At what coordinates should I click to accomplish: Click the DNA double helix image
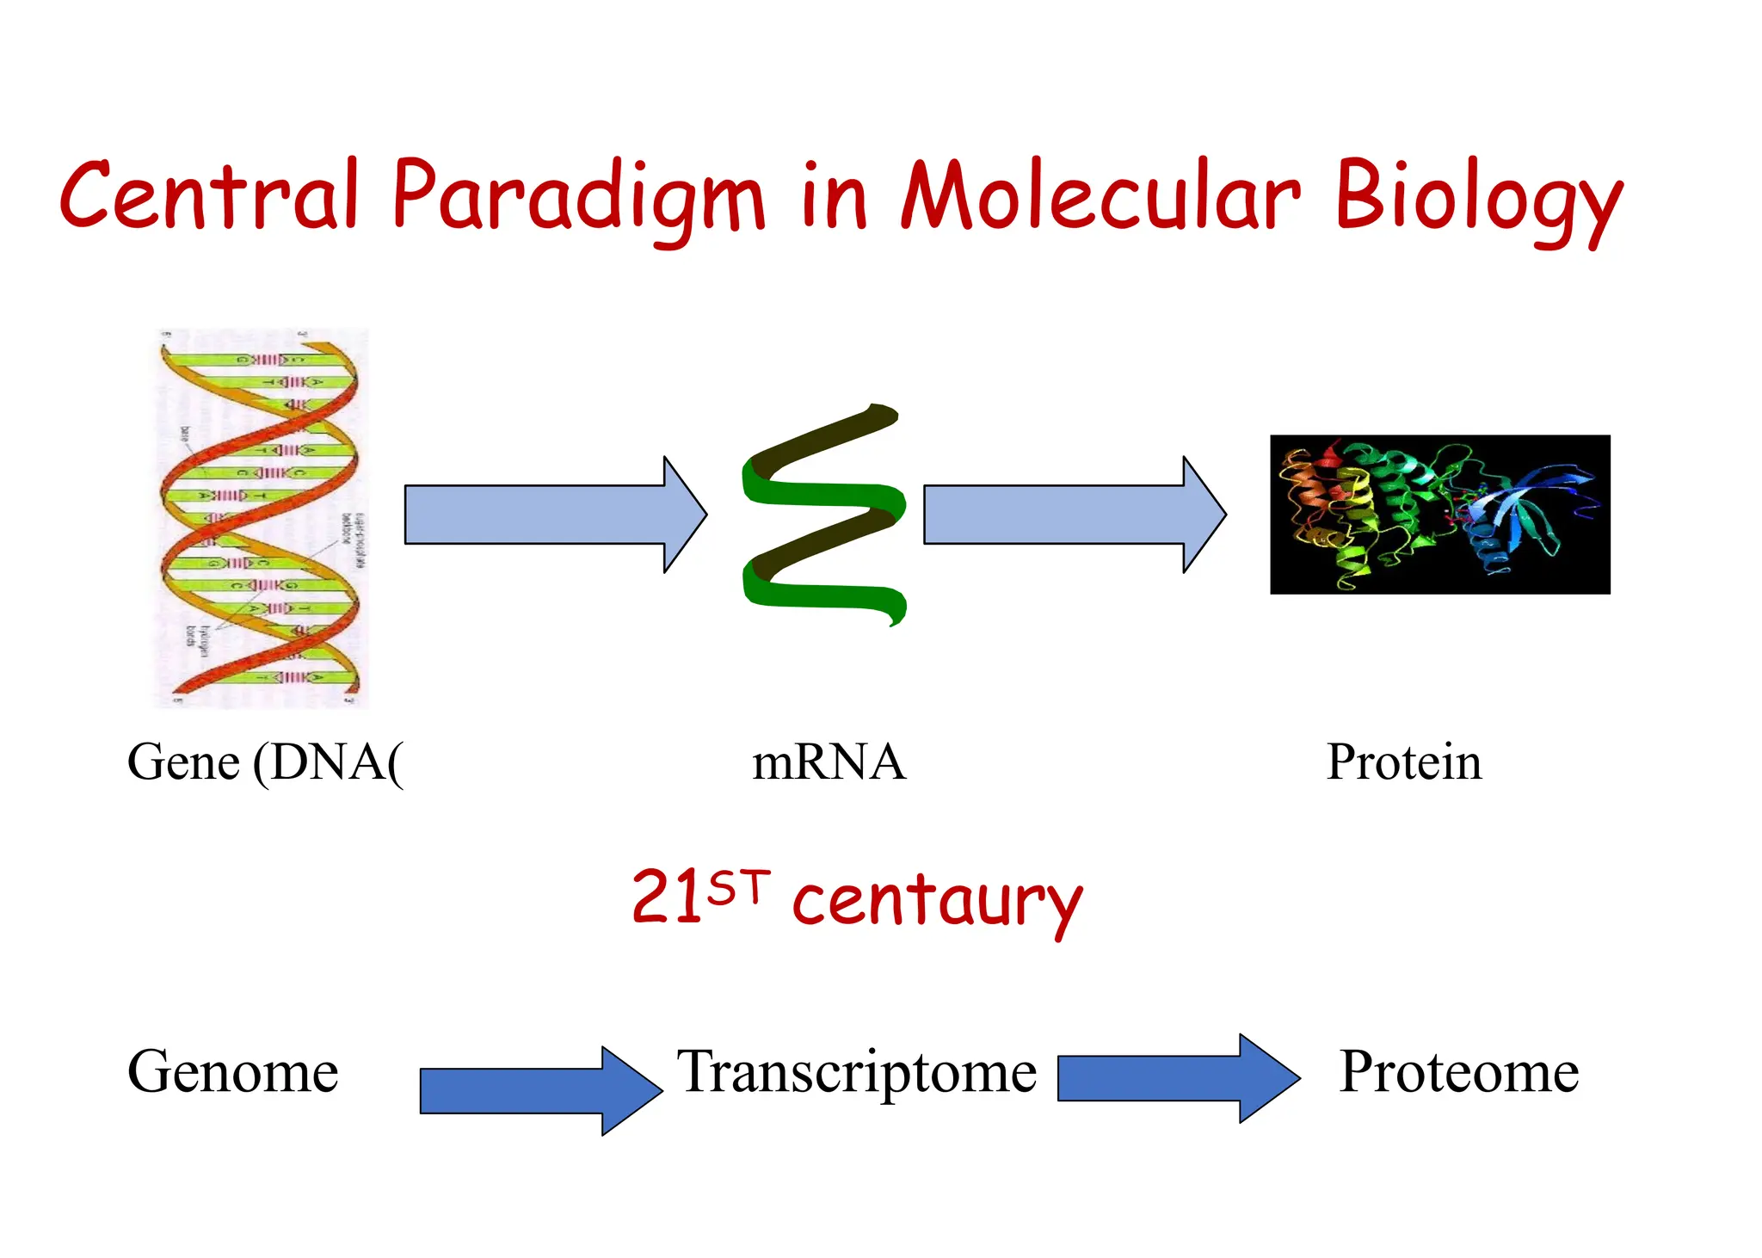point(261,518)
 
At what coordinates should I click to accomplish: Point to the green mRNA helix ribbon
point(823,515)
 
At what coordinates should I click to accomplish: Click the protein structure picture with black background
point(1439,515)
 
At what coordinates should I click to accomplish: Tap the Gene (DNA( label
point(265,762)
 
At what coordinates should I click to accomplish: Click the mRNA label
point(829,762)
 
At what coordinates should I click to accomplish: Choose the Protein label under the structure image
point(1404,762)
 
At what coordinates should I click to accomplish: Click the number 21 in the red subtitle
point(668,897)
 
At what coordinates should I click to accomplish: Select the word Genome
point(233,1072)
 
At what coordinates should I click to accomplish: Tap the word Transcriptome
point(857,1074)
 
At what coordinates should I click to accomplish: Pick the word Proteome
point(1459,1072)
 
